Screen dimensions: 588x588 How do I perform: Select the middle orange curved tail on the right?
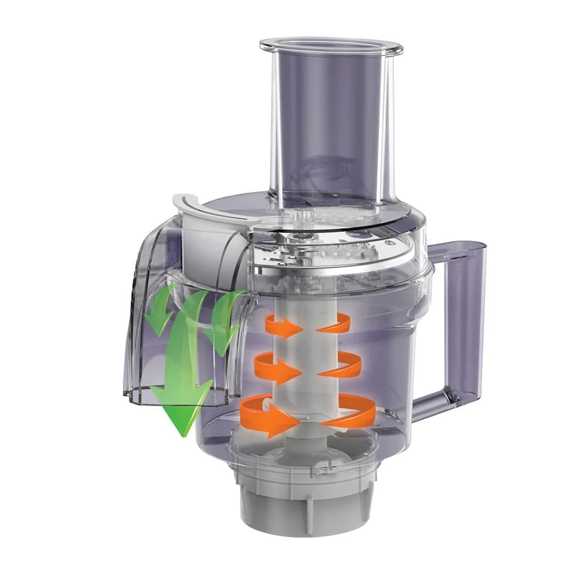pyautogui.click(x=344, y=366)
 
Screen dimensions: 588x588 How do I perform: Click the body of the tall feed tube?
pyautogui.click(x=329, y=129)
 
